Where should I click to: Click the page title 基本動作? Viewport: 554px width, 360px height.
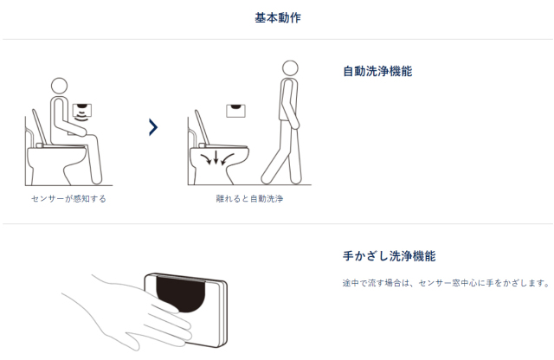click(x=278, y=17)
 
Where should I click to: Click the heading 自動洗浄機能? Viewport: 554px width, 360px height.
click(x=377, y=71)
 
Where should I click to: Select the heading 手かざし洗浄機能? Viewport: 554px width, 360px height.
click(x=389, y=256)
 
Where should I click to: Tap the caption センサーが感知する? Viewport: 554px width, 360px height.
click(x=68, y=198)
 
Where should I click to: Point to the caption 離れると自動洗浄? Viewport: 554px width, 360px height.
click(x=249, y=198)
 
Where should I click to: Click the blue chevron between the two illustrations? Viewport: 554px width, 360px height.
click(x=153, y=127)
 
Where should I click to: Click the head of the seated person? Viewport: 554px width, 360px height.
click(x=59, y=86)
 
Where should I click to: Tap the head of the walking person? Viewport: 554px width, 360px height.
click(x=290, y=67)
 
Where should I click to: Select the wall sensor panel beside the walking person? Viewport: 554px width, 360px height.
click(x=235, y=111)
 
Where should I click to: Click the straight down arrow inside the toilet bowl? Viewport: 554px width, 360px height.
click(x=216, y=157)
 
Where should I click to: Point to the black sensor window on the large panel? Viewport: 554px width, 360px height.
click(x=181, y=294)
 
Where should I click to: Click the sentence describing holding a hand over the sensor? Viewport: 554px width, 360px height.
click(x=447, y=283)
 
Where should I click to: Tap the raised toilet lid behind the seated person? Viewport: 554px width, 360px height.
click(x=39, y=127)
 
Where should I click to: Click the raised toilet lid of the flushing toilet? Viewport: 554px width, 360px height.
click(x=202, y=128)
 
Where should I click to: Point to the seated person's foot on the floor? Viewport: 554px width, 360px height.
click(x=96, y=179)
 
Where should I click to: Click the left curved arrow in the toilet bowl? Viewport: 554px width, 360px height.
click(x=206, y=158)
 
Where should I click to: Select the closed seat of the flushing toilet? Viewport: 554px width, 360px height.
click(x=222, y=146)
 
